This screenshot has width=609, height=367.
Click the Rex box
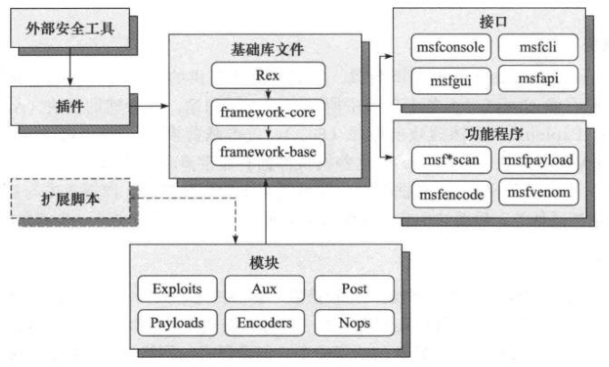268,75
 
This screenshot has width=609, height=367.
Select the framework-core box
268,112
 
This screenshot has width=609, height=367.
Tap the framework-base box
268,152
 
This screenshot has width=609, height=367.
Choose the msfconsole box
451,47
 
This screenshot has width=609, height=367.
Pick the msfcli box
538,47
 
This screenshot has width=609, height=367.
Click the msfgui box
451,81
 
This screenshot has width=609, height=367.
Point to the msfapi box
538,78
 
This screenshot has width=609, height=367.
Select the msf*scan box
451,160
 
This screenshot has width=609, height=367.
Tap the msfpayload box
539,160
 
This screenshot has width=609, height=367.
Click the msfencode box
451,194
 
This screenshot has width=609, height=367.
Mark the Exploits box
178,289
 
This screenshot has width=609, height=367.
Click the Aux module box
264,289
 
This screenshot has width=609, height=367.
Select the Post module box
354,289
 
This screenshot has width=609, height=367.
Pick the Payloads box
178,323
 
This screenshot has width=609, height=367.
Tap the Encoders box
264,323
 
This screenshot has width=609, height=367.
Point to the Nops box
354,323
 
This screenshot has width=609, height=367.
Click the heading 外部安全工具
70,28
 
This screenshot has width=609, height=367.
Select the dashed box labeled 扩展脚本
70,198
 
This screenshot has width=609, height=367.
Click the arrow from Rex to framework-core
269,94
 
